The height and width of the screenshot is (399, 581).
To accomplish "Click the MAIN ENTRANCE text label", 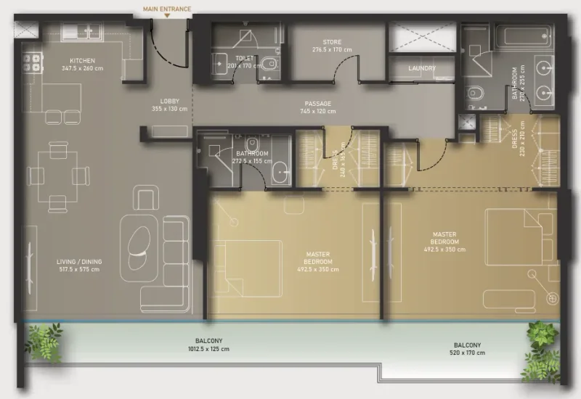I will coord(166,8).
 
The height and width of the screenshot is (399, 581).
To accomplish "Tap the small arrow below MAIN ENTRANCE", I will coord(166,16).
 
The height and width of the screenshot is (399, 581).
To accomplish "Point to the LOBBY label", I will coord(170,102).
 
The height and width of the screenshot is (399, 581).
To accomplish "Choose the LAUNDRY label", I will coord(422,69).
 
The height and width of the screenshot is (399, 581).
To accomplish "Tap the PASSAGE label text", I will coord(318,104).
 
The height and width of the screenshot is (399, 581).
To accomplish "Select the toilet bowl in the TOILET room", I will coord(269,64).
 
